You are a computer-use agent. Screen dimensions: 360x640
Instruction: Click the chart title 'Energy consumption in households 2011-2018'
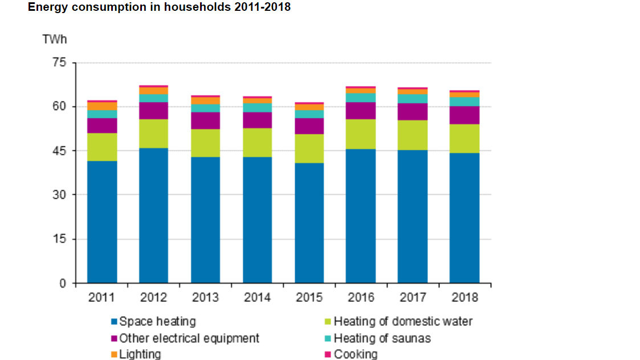[159, 7]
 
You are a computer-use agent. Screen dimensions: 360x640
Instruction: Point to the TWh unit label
[55, 39]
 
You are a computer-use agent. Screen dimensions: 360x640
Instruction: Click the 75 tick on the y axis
[60, 63]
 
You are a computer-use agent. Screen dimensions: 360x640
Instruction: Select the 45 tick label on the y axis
[60, 151]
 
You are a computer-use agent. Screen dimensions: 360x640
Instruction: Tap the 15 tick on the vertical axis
[60, 239]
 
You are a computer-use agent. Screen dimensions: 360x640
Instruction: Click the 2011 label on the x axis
[102, 297]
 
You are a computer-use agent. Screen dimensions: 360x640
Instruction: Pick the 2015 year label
[309, 297]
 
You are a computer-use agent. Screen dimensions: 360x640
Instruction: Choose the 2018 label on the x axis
[464, 297]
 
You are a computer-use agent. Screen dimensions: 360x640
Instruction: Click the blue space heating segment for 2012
[154, 215]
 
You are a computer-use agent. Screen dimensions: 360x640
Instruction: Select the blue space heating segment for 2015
[309, 223]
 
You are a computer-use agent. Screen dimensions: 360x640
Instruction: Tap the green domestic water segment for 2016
[361, 134]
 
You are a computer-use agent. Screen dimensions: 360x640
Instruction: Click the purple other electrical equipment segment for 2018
[464, 115]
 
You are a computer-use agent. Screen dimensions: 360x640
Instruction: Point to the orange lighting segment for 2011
[102, 106]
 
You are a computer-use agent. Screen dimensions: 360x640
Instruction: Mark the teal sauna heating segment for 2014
[258, 108]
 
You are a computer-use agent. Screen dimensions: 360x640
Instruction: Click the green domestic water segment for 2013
[206, 143]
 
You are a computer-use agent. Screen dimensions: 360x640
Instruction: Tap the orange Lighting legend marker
[114, 354]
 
